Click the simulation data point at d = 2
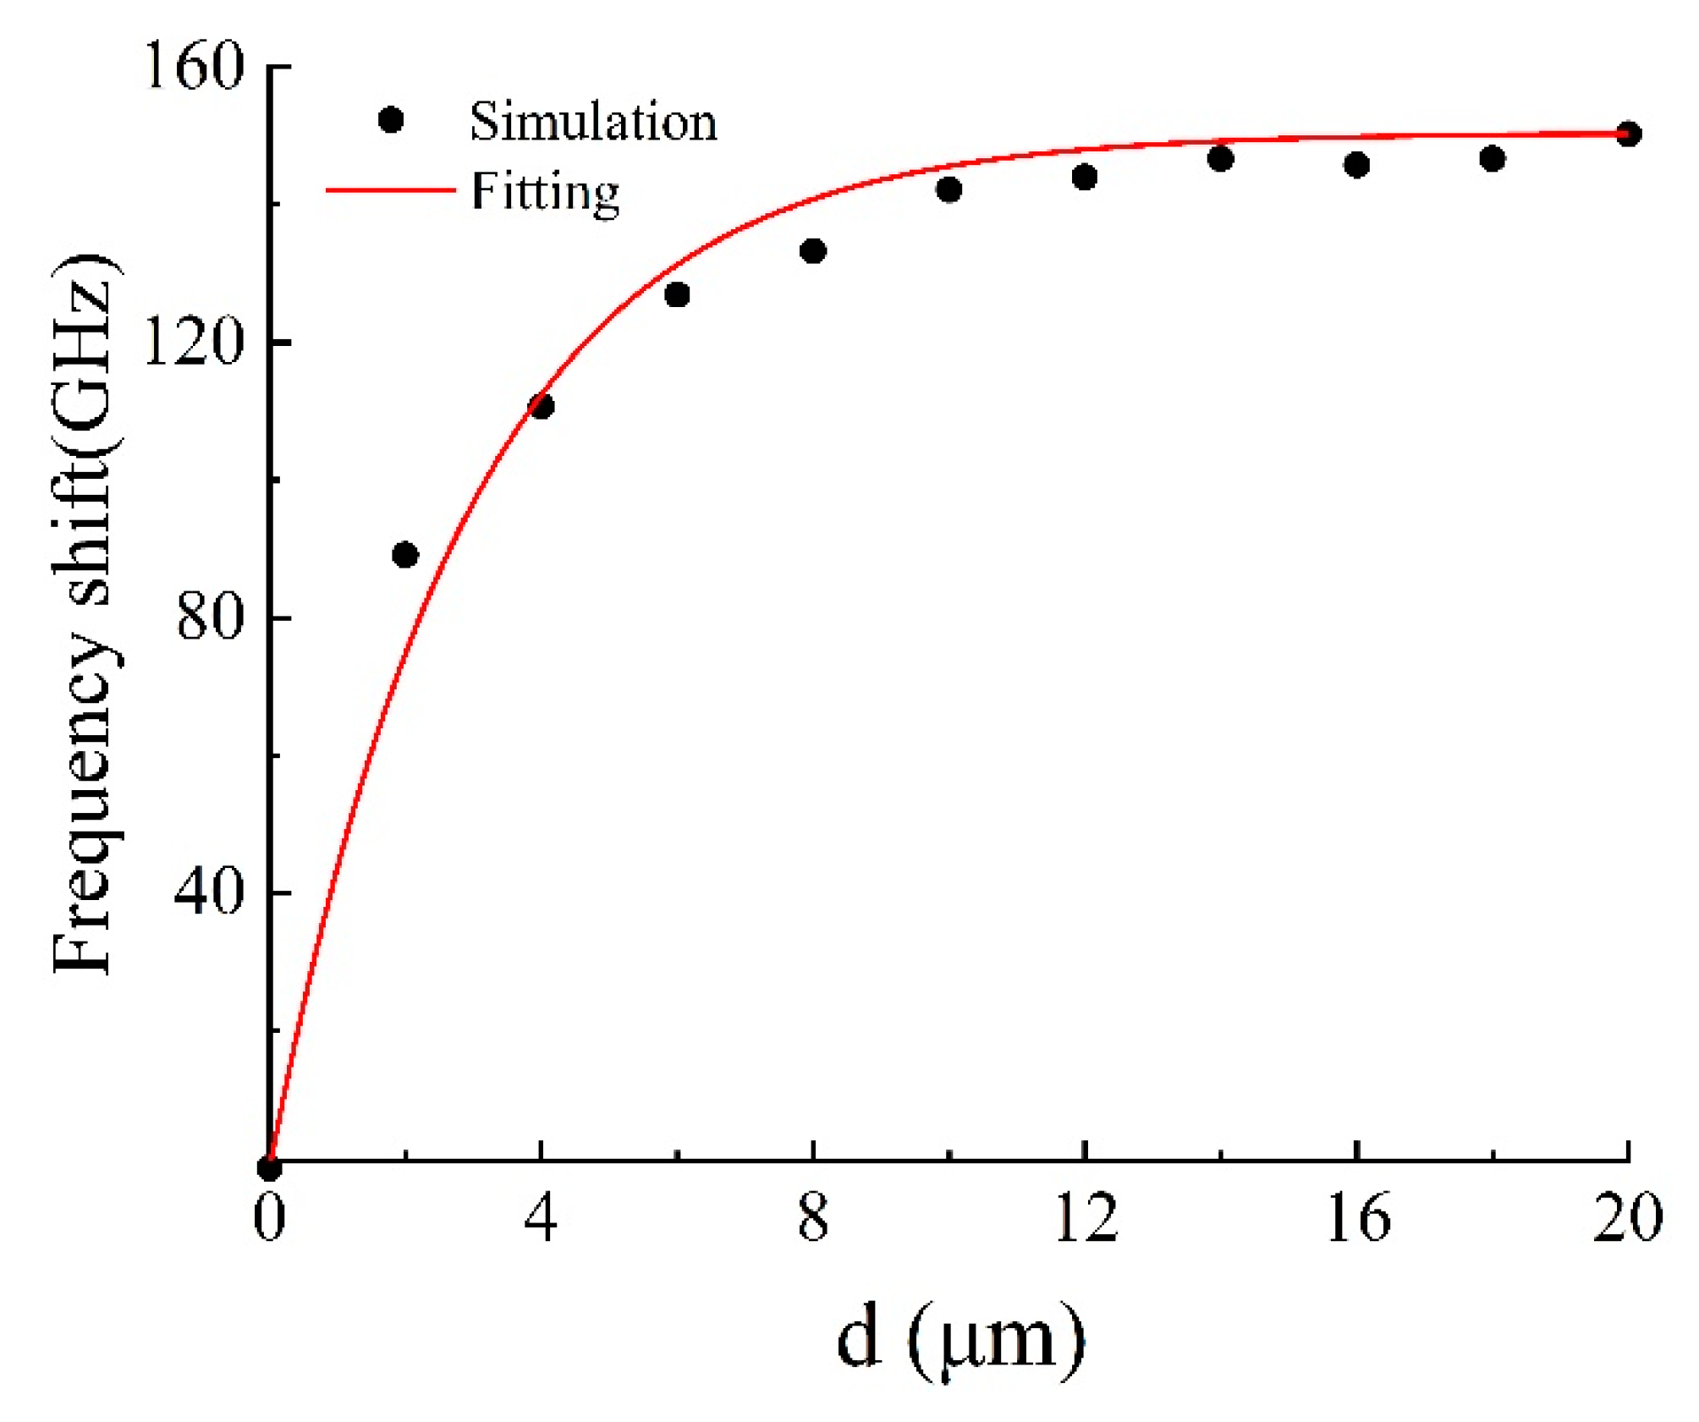click(405, 556)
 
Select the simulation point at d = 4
click(542, 407)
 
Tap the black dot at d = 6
click(677, 295)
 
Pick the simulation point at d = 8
click(813, 251)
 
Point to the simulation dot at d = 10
click(949, 189)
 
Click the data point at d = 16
click(1357, 165)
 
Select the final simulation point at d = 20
click(1629, 134)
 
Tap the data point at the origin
click(269, 1169)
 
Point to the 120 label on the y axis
click(194, 343)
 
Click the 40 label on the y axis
click(208, 892)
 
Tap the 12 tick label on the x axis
click(1086, 1219)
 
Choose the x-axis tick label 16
click(1358, 1219)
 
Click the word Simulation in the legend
click(593, 122)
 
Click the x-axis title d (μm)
click(960, 1342)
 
